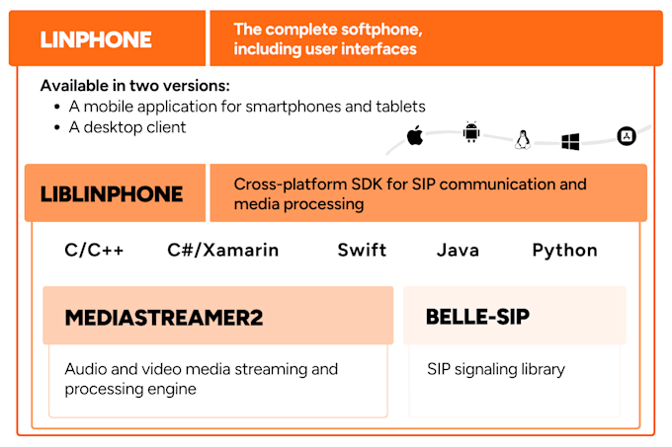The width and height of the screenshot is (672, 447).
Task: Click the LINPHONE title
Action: pyautogui.click(x=96, y=39)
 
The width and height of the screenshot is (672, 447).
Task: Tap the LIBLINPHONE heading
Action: pyautogui.click(x=112, y=193)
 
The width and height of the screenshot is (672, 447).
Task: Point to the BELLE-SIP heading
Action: pyautogui.click(x=477, y=317)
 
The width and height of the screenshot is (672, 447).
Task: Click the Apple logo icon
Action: pyautogui.click(x=415, y=136)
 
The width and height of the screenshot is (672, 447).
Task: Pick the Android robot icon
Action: pyautogui.click(x=470, y=133)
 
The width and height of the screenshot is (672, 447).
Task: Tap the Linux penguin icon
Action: pyautogui.click(x=522, y=141)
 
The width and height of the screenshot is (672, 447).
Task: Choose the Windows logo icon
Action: pyautogui.click(x=570, y=142)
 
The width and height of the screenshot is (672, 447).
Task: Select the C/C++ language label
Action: pyautogui.click(x=95, y=250)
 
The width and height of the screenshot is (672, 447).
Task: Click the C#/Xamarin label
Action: pyautogui.click(x=223, y=250)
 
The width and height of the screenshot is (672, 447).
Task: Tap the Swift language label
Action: pyautogui.click(x=362, y=250)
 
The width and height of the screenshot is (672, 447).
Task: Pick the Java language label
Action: pyautogui.click(x=459, y=250)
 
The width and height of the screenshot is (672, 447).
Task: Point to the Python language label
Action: pyautogui.click(x=564, y=250)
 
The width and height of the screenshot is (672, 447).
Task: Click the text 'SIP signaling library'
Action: pyautogui.click(x=496, y=370)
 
